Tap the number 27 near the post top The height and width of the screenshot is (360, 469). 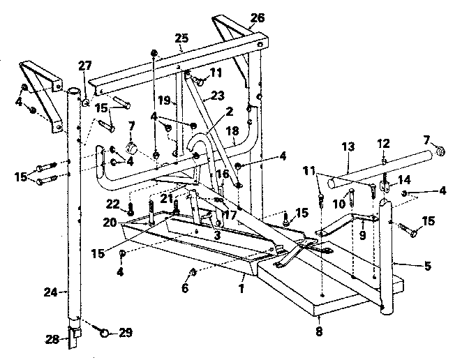(x=84, y=67)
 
